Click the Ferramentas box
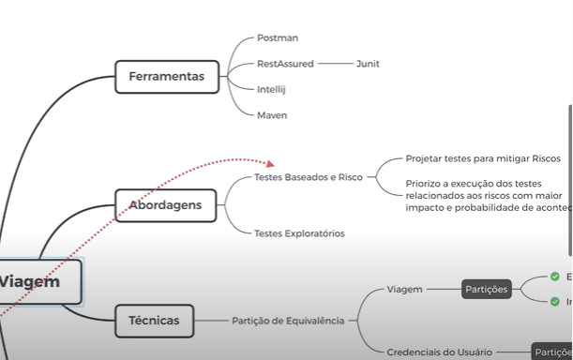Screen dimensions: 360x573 [166, 77]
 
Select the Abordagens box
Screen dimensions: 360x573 [165, 204]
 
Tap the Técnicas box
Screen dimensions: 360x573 [154, 321]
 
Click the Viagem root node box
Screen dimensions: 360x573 [33, 281]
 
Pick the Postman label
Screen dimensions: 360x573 [278, 38]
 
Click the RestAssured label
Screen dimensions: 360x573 [285, 64]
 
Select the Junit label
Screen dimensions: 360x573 [368, 64]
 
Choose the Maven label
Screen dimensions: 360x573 [272, 115]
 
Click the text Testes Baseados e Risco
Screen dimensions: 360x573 [309, 177]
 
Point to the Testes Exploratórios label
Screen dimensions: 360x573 [299, 233]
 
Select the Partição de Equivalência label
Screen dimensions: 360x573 [288, 321]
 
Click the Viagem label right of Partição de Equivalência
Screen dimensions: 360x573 [404, 290]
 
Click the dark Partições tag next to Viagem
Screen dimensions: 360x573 [486, 290]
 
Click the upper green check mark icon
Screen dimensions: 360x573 [555, 277]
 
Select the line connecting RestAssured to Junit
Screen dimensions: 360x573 [333, 64]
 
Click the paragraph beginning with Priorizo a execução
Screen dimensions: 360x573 [488, 195]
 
